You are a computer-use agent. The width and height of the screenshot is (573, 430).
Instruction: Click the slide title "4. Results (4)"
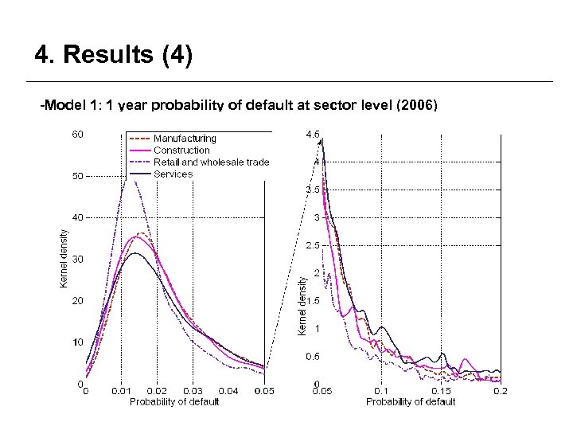click(x=114, y=57)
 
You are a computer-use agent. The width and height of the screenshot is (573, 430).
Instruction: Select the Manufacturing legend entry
click(x=185, y=139)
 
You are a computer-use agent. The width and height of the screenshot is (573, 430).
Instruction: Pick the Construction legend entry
click(x=181, y=150)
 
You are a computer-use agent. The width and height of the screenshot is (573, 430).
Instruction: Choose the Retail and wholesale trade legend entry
click(x=211, y=162)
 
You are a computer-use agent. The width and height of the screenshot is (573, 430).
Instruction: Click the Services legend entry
click(x=173, y=174)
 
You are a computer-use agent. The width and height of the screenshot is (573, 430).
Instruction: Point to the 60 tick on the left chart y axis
click(x=78, y=134)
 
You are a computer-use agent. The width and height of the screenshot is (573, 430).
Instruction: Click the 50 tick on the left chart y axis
click(x=78, y=176)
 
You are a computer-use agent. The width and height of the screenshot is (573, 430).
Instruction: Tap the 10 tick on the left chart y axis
click(x=78, y=342)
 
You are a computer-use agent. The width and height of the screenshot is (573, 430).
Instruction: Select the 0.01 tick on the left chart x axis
click(x=122, y=391)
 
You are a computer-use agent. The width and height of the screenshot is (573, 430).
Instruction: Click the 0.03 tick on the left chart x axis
click(x=193, y=391)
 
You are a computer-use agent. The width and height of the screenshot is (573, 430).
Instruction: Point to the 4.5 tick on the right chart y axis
click(x=313, y=135)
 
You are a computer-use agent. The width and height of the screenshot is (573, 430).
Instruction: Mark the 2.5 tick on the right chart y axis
click(x=313, y=245)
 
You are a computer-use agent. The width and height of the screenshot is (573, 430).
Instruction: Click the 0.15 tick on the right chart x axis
click(x=442, y=391)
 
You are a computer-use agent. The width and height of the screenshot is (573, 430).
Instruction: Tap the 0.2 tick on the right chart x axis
click(x=500, y=391)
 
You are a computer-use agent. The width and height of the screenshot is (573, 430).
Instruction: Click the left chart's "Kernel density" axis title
click(x=64, y=259)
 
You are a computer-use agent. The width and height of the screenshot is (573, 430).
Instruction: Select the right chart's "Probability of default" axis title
click(x=411, y=401)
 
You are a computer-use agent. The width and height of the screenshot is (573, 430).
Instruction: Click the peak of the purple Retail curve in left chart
click(x=136, y=182)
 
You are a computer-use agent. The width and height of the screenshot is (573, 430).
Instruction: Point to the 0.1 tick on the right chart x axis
click(x=382, y=391)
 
